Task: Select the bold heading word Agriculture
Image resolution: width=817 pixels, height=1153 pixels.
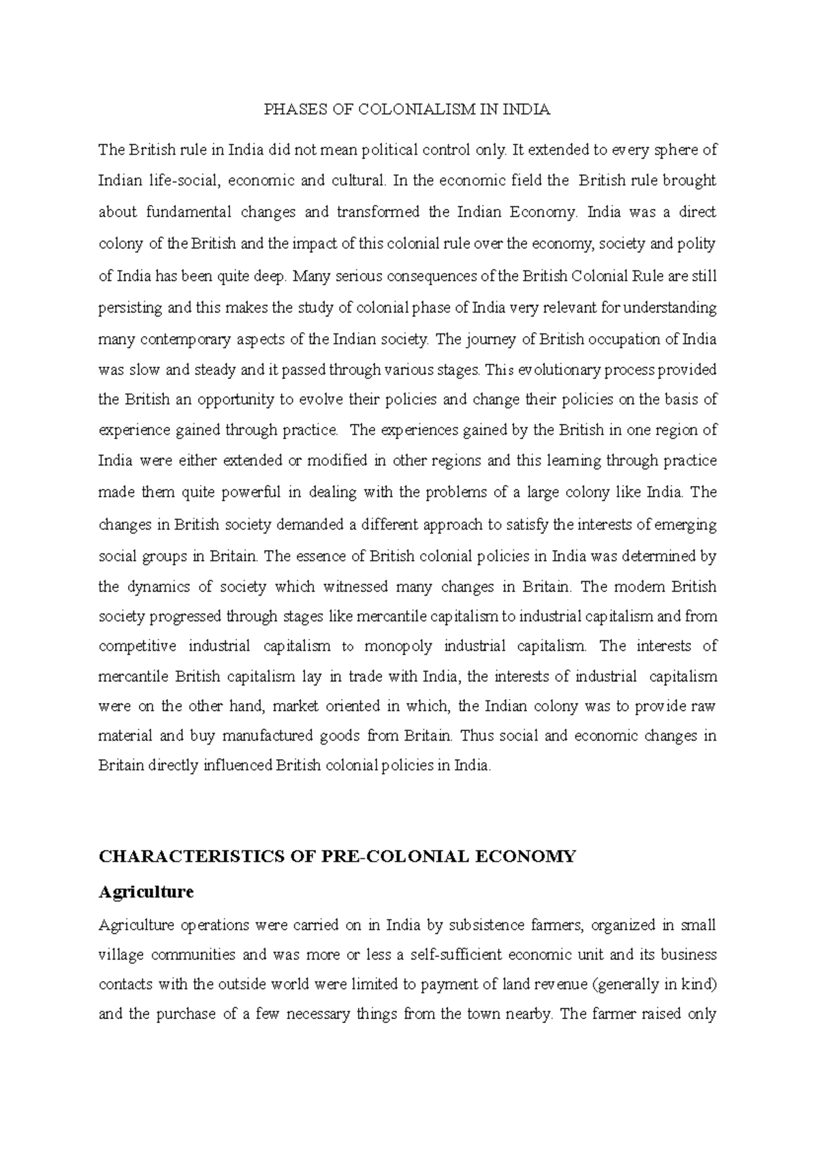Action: (x=146, y=892)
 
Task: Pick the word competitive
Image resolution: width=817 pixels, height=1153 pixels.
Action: (x=138, y=646)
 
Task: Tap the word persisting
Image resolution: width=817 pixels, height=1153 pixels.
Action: (x=130, y=308)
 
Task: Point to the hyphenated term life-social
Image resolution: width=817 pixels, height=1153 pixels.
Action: (x=180, y=181)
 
